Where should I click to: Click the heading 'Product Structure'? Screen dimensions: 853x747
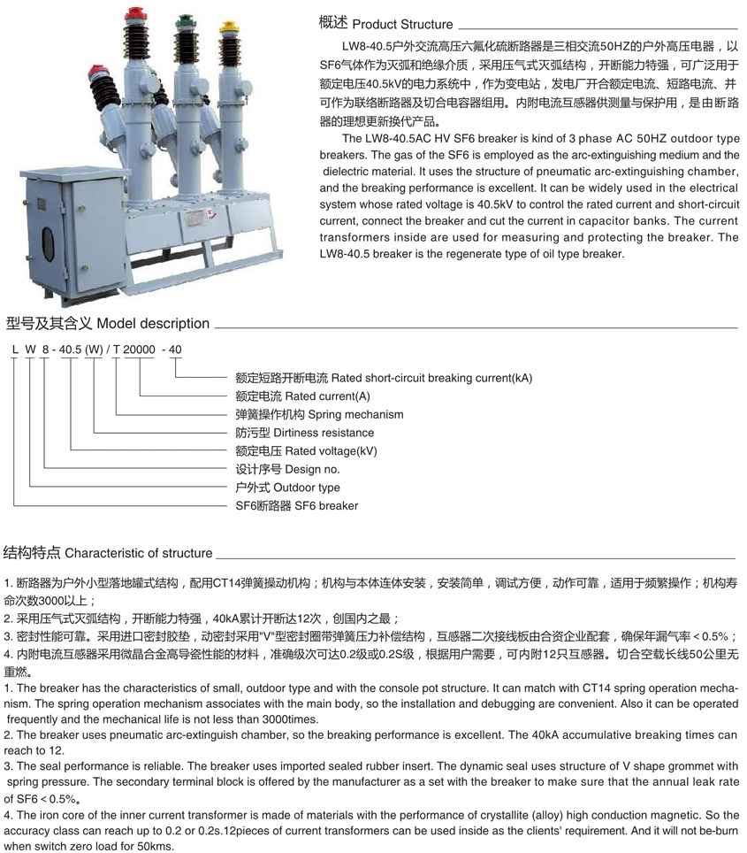pos(402,25)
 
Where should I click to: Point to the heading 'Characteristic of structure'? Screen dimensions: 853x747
pos(139,554)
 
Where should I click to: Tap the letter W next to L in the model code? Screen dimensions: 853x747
pos(30,350)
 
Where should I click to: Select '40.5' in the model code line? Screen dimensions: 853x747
pos(70,350)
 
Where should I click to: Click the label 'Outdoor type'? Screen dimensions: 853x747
pos(306,488)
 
